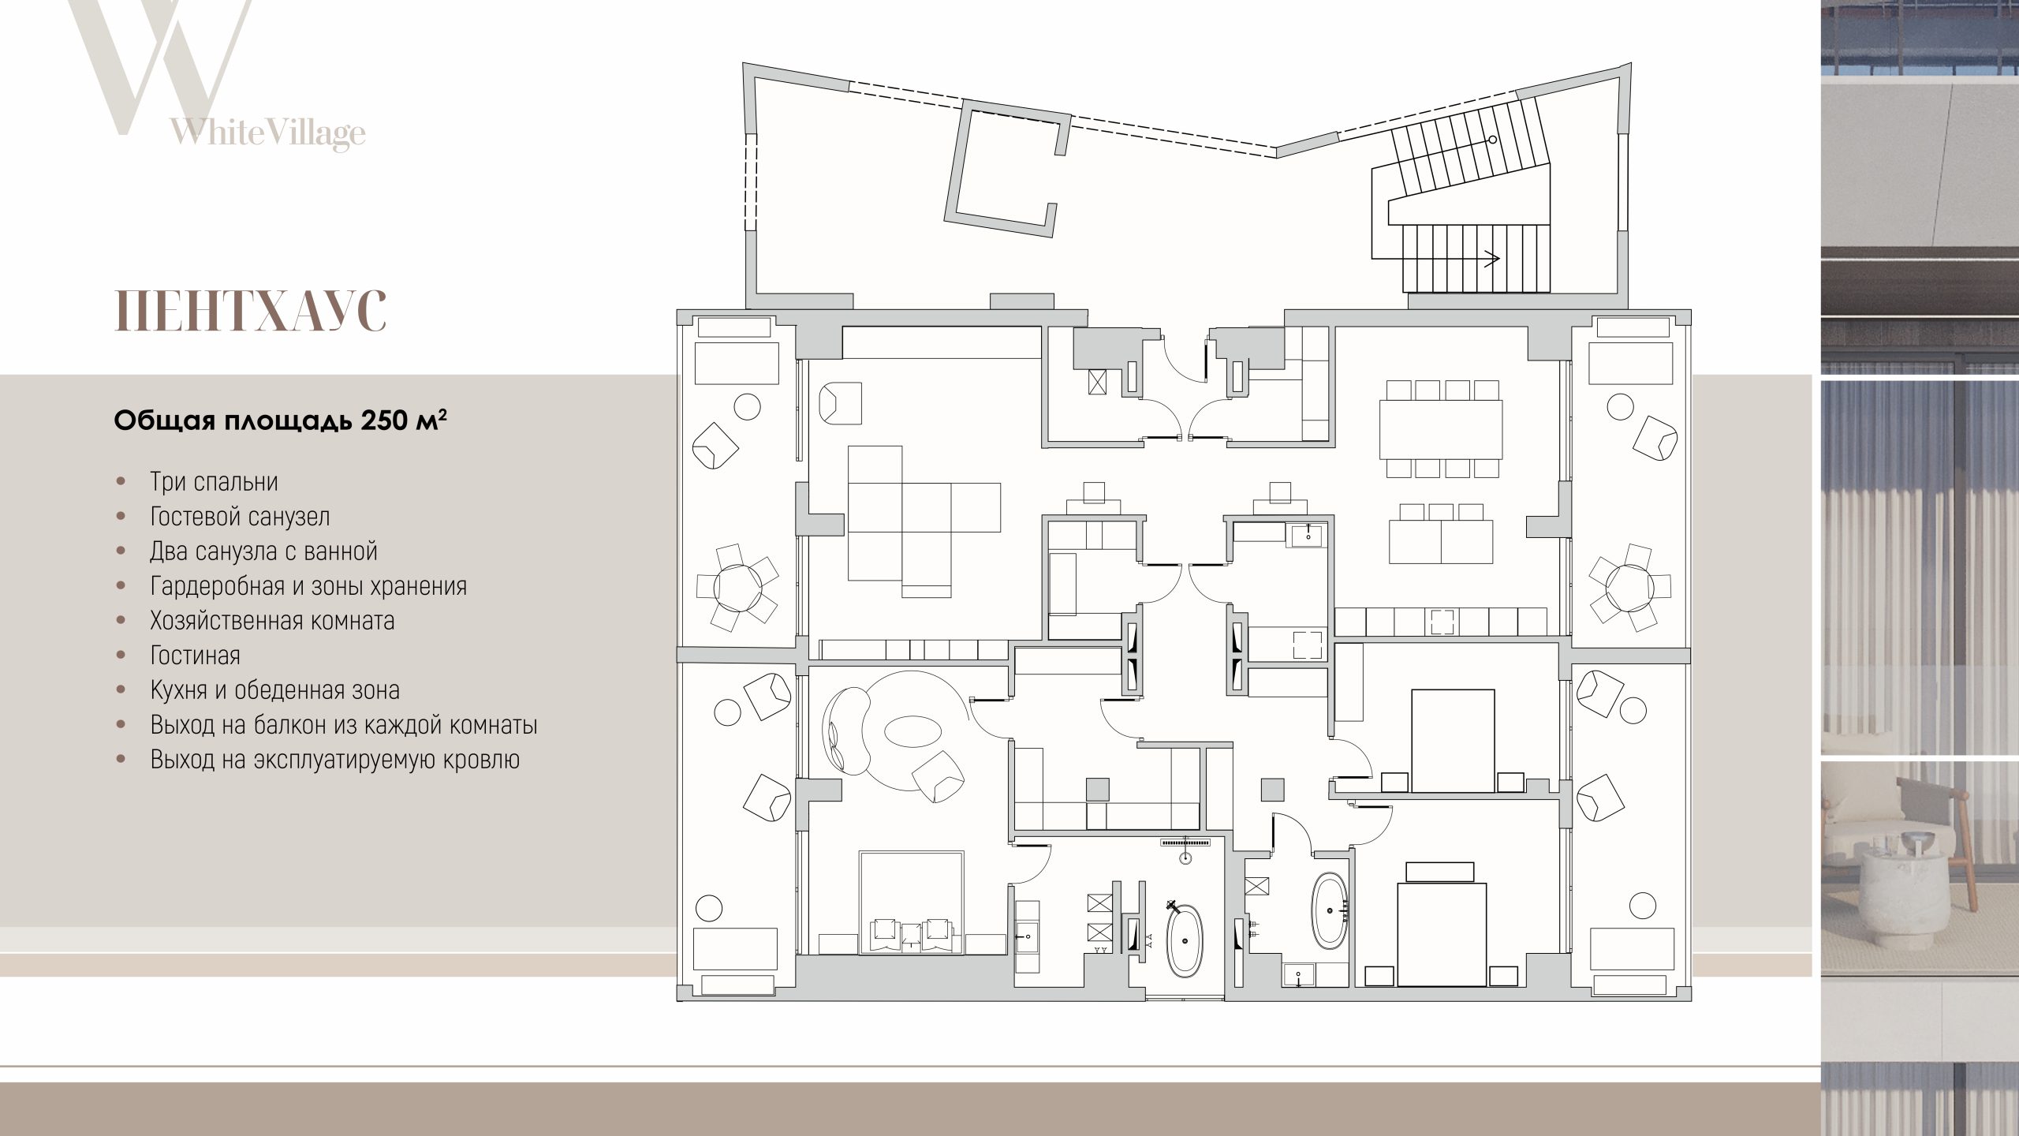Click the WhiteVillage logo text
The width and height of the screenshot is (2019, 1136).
[x=267, y=133]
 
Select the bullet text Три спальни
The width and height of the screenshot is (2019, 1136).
[x=215, y=481]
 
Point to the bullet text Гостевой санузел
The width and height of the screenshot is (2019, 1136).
[x=241, y=516]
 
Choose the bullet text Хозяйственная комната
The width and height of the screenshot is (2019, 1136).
[x=273, y=620]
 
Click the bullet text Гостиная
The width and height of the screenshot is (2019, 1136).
[x=196, y=655]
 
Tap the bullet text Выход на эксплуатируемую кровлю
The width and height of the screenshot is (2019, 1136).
[x=335, y=760]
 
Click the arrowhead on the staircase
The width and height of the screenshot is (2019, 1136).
[x=1491, y=256]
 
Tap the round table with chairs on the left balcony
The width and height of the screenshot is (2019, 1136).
[x=737, y=586]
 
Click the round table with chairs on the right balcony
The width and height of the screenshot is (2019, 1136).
[x=1629, y=586]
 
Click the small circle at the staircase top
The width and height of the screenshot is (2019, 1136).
[x=1493, y=140]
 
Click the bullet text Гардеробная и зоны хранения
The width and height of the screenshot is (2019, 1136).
[x=308, y=585]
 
